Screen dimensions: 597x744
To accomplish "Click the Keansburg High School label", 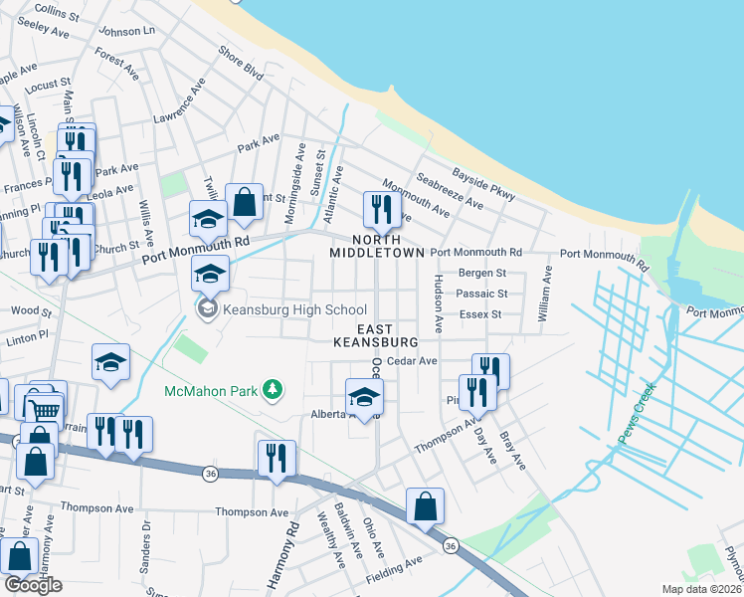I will click(295, 310).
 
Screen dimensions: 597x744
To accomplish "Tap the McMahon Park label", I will click(211, 391).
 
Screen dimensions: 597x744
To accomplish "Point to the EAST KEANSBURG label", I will click(374, 335).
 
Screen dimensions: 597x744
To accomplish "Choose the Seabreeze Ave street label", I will click(450, 191).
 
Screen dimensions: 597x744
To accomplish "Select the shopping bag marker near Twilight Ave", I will click(243, 203).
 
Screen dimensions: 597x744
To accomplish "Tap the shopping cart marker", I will click(44, 409).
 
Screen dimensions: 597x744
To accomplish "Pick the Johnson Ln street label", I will click(128, 31).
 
